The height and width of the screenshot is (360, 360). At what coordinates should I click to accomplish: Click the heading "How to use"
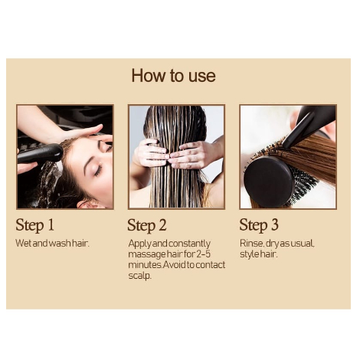click(173, 76)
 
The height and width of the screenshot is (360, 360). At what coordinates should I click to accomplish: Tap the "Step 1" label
click(35, 225)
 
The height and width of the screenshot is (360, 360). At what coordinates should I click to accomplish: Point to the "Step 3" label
click(258, 225)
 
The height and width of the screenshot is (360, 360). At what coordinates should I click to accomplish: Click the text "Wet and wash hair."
click(53, 243)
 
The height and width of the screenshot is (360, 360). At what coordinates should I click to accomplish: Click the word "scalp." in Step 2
click(139, 275)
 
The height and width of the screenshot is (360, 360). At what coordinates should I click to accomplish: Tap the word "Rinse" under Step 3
click(252, 243)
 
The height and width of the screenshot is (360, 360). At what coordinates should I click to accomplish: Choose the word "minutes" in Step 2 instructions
click(144, 264)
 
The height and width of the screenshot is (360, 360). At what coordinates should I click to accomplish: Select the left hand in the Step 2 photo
click(150, 153)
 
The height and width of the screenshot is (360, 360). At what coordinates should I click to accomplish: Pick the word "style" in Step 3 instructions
click(249, 254)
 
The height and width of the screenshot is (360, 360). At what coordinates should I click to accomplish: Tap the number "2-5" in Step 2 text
click(199, 254)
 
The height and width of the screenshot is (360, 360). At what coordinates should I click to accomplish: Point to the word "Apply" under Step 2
click(139, 243)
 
